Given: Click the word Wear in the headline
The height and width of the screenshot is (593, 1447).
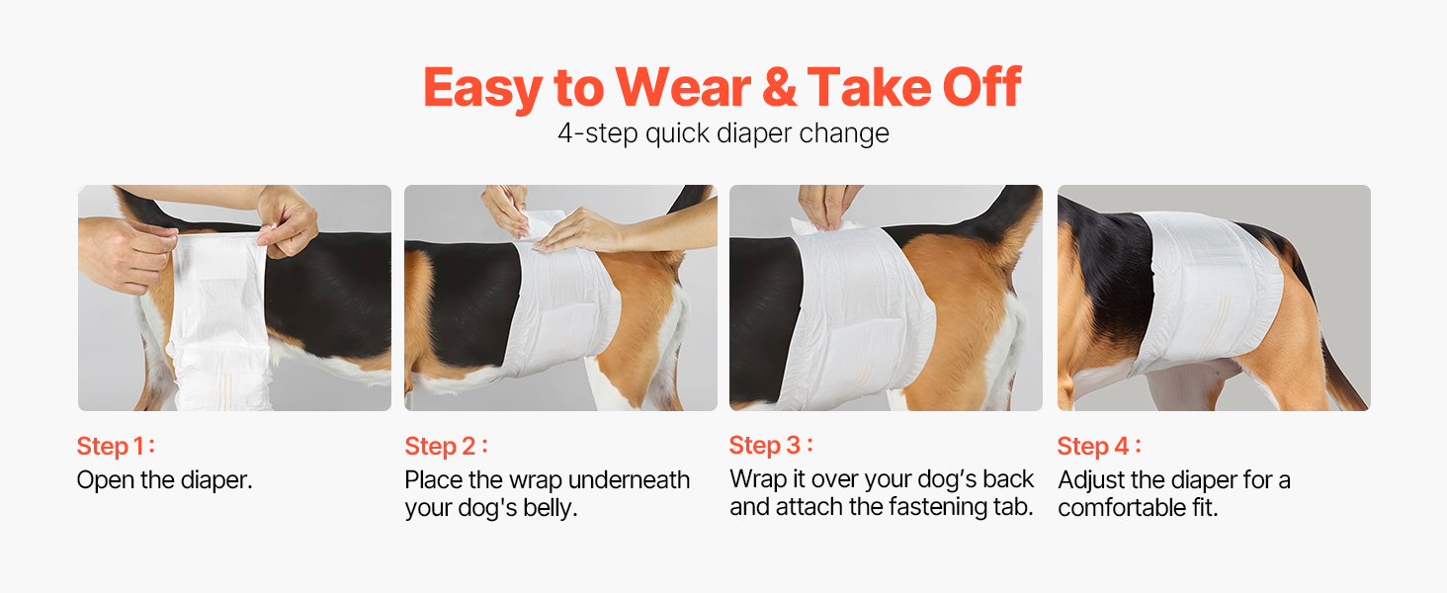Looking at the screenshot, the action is (683, 87).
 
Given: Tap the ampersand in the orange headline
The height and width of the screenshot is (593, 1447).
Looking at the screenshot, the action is (779, 87).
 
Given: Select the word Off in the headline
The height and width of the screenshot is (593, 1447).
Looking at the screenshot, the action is (981, 87).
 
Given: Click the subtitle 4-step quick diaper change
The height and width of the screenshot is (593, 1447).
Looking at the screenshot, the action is (723, 133).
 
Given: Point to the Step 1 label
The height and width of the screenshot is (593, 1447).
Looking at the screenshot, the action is (116, 446).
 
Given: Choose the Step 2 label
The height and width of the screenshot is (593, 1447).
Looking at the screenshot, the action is (446, 446).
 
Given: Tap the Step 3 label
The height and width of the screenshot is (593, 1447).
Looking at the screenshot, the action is (771, 445).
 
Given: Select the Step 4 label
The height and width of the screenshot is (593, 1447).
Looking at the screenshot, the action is (1099, 446).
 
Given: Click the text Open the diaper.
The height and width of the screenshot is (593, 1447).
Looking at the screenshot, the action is (164, 480).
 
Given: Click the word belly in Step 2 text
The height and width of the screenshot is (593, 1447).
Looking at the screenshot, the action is (550, 508).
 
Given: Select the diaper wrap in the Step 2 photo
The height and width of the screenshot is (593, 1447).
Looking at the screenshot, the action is (562, 303).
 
